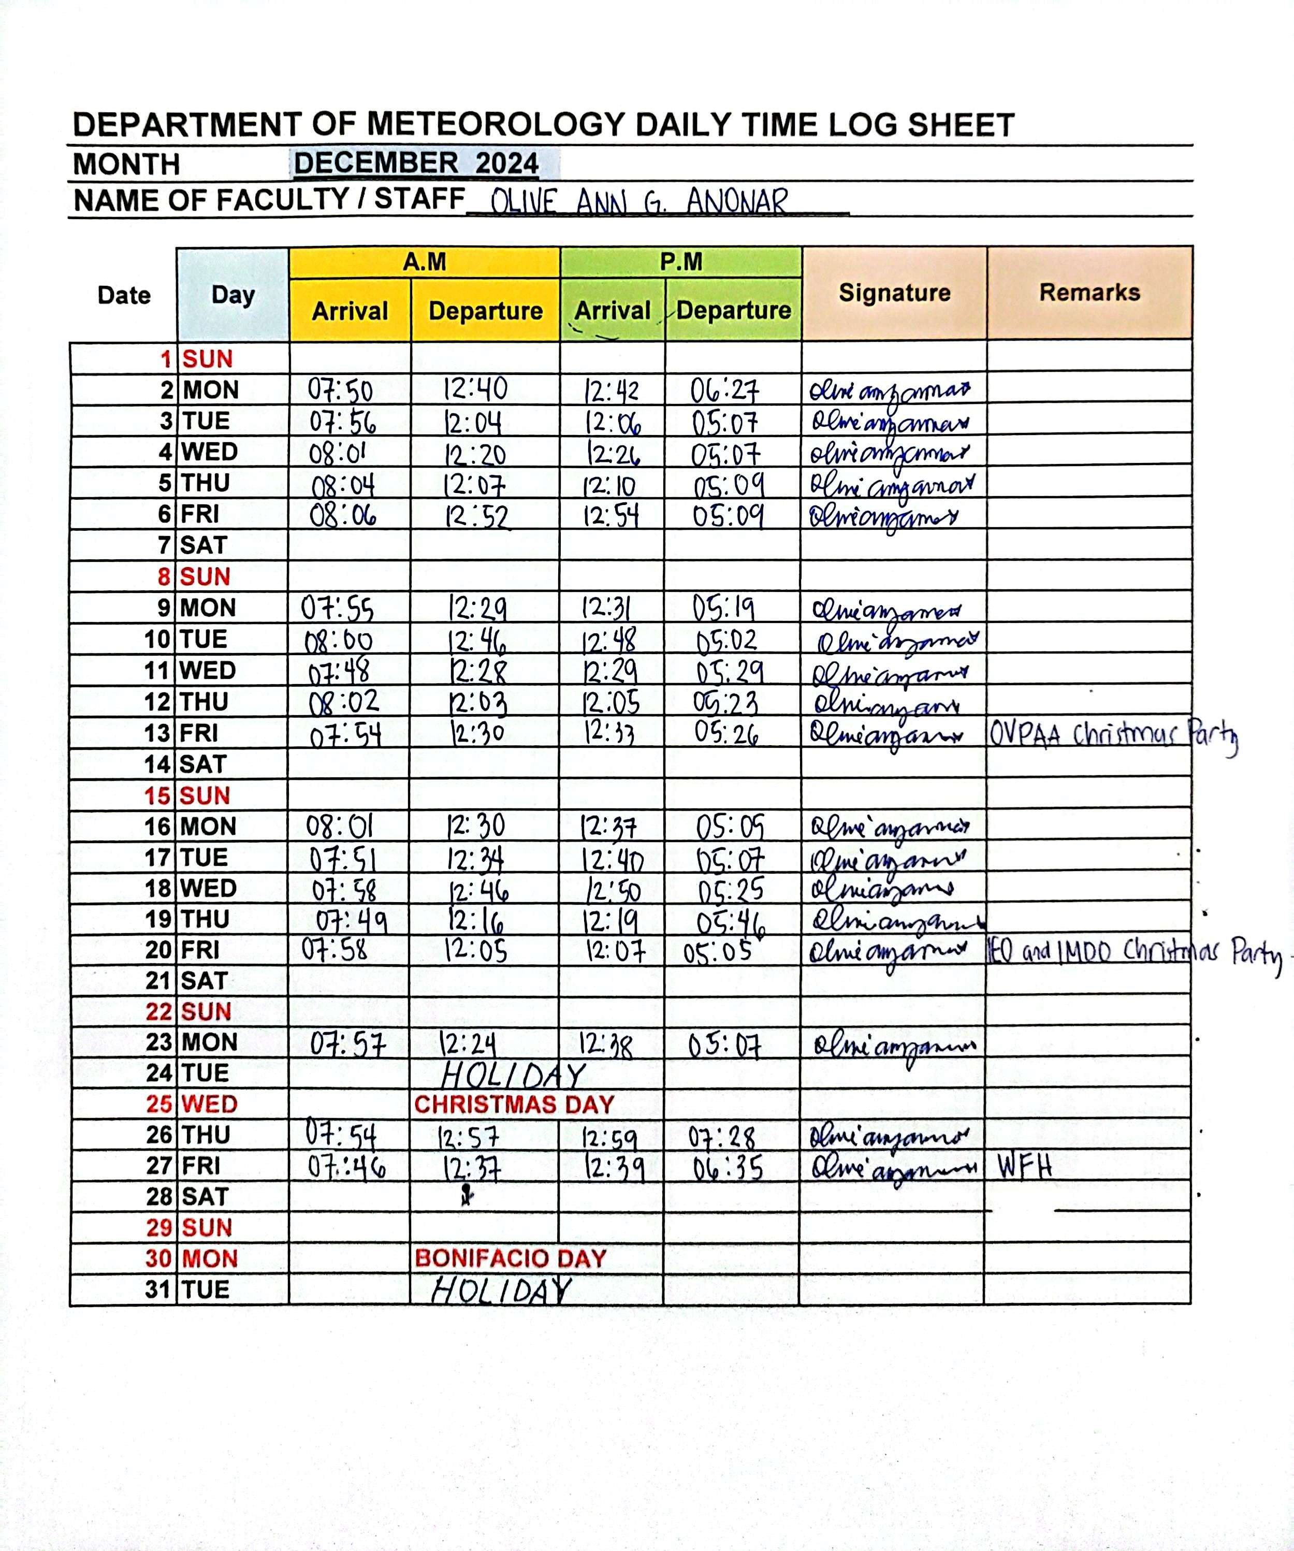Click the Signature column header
894,293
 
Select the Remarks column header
1089,293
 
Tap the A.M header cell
424,262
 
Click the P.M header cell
680,262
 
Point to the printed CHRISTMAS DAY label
514,1104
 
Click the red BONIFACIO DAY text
511,1258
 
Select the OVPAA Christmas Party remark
1113,735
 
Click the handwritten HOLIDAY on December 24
513,1075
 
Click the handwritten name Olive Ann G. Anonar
639,201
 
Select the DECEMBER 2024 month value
416,163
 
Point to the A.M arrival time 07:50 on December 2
341,390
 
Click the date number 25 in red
159,1104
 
